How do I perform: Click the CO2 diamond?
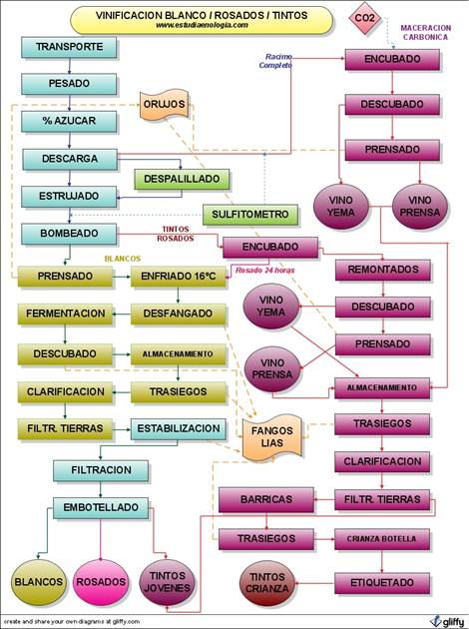click(364, 18)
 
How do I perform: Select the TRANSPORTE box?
click(69, 47)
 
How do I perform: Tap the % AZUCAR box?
click(69, 121)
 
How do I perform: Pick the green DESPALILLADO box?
click(182, 179)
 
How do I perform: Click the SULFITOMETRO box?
click(250, 215)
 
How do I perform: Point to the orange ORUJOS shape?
click(165, 104)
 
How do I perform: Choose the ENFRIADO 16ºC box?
click(179, 277)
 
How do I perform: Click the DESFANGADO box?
click(179, 314)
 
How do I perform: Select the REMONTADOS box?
click(383, 270)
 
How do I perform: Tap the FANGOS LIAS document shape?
click(272, 437)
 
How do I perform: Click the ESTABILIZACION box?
click(179, 429)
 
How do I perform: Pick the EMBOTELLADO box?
click(101, 507)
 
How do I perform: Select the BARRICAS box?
click(266, 500)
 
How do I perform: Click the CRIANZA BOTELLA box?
click(382, 539)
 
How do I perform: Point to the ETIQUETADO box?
click(382, 583)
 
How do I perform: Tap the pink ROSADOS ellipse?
click(101, 582)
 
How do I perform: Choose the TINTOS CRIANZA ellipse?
click(267, 583)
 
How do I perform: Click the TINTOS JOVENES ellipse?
click(167, 582)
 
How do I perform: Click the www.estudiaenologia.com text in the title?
click(202, 25)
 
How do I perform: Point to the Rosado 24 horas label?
click(265, 271)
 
